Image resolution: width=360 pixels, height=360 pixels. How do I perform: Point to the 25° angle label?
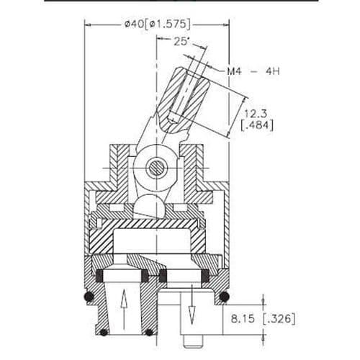point(183,42)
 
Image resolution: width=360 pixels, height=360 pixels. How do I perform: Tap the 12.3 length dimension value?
point(256,114)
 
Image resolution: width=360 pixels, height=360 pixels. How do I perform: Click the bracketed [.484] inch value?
point(257,127)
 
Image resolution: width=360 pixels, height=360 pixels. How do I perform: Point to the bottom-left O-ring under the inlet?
point(103,333)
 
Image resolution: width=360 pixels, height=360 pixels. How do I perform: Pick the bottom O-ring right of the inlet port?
point(148,333)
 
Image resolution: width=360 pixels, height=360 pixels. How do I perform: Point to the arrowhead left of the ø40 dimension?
point(89,24)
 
